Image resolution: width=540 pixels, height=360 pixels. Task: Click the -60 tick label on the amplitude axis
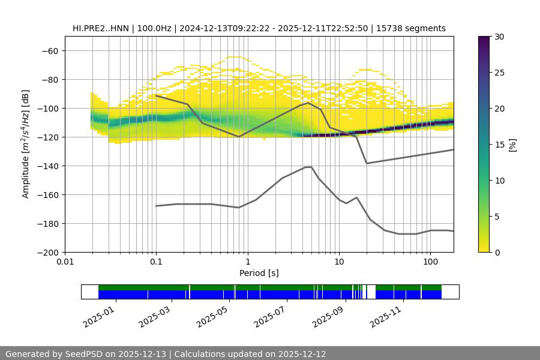[x=49, y=50]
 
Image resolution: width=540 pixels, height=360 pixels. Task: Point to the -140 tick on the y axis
[x=49, y=166]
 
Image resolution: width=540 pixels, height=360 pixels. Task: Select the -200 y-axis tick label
[x=49, y=252]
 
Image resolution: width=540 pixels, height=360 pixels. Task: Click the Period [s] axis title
[x=259, y=273]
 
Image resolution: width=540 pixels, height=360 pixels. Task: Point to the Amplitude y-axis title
[x=26, y=144]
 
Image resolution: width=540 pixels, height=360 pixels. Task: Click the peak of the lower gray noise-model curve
[x=308, y=167]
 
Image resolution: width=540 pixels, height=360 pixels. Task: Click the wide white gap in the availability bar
[x=371, y=292]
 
